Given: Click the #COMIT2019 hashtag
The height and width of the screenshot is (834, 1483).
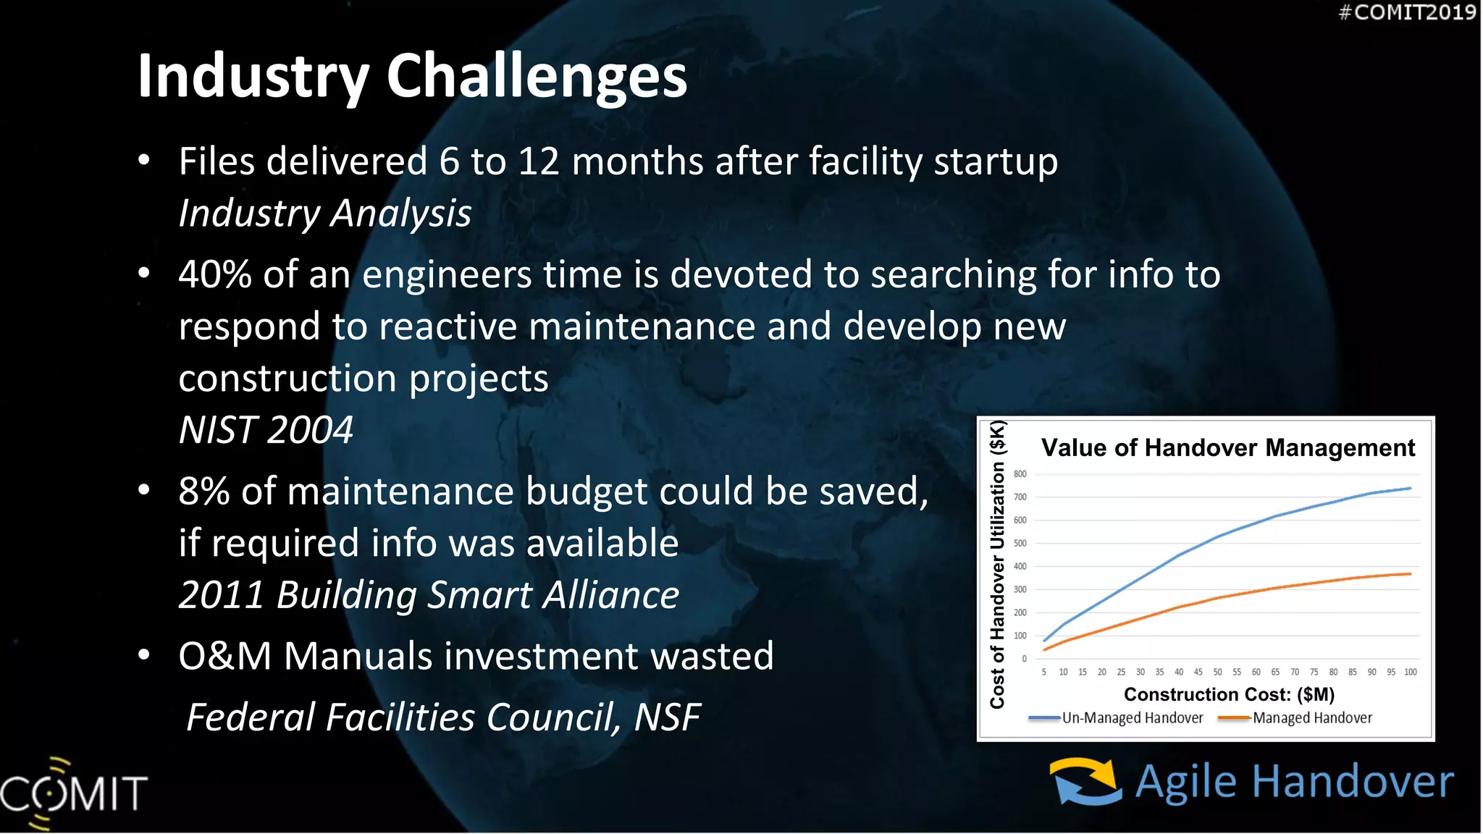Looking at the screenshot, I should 1406,12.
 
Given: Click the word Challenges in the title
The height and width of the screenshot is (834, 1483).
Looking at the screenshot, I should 536,77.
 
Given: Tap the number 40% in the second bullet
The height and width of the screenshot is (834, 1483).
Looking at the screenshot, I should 214,275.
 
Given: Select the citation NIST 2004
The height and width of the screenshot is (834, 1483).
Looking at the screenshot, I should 266,430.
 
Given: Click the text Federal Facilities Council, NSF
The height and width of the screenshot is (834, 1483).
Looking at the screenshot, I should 443,717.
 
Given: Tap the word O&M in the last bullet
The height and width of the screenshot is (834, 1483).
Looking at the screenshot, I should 224,657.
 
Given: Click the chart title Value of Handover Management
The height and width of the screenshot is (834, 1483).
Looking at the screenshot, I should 1227,447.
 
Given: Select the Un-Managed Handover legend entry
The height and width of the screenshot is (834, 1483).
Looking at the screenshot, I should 1132,718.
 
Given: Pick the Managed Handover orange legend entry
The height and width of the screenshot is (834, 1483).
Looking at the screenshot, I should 1311,718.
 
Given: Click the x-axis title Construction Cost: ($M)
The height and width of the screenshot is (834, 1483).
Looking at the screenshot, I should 1229,694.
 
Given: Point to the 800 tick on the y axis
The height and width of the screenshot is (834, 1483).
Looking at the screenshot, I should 1020,474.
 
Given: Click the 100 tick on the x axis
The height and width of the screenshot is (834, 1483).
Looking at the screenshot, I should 1410,673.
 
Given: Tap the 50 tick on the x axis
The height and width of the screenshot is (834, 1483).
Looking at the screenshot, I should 1217,673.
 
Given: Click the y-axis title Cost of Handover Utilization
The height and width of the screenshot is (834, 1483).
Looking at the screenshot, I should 997,565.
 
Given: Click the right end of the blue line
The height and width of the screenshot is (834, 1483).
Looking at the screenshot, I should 1410,489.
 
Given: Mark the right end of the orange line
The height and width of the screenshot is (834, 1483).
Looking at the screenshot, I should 1410,574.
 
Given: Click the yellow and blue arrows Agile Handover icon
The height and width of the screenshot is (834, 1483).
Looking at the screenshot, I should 1085,782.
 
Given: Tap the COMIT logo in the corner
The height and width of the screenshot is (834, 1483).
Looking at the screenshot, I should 72,793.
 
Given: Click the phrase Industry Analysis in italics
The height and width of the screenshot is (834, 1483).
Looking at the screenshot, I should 325,214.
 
